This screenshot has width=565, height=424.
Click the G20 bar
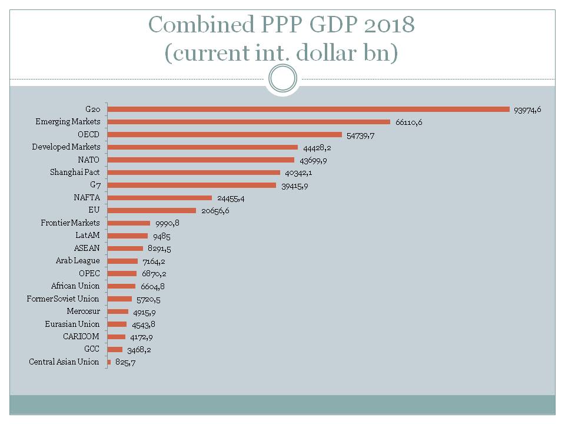click(308, 109)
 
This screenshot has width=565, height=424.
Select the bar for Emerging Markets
click(249, 122)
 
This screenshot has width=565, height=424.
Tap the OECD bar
click(225, 134)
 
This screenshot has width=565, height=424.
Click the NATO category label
click(88, 160)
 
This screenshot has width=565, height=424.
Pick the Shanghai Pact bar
click(194, 173)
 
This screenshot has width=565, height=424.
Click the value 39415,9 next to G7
click(293, 185)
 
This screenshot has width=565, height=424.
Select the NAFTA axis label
click(87, 198)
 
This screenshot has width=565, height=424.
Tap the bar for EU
click(152, 210)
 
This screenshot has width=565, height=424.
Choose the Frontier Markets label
click(70, 223)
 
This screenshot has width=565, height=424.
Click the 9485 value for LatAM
click(161, 236)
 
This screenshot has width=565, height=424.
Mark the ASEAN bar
click(125, 249)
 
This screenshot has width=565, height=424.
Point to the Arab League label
click(78, 261)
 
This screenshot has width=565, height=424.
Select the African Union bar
click(122, 286)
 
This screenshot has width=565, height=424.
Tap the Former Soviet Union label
click(63, 299)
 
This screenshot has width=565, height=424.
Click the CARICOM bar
click(117, 337)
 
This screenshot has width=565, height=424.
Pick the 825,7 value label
click(126, 362)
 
